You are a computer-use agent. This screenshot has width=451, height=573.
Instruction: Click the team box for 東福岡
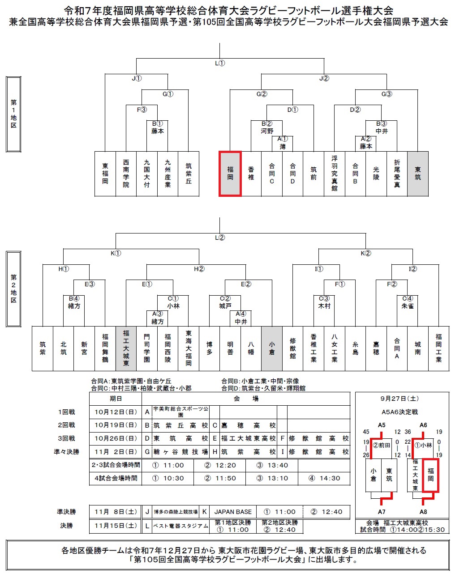105,174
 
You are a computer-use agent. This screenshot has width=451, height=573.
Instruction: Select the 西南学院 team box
126,174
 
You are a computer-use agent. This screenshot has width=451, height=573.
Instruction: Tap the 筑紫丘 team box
189,174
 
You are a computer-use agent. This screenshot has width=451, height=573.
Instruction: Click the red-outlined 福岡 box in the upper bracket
230,174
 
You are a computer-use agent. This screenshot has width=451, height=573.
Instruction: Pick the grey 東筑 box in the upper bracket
418,174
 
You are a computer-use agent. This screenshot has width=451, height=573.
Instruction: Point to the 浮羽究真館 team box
335,174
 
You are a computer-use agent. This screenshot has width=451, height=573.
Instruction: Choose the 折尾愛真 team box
397,174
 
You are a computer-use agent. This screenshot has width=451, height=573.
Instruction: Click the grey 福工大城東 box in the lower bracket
126,348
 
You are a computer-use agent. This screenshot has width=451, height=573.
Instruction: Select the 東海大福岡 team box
189,348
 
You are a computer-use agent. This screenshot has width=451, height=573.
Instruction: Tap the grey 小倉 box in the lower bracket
272,348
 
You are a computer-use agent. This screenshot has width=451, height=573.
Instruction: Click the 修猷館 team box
293,348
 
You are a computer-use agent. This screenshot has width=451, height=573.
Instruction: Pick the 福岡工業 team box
438,348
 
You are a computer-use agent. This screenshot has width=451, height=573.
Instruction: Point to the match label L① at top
219,63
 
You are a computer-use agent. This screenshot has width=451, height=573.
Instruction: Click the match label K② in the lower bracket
365,253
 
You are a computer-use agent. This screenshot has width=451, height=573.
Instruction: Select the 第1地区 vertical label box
13,115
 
